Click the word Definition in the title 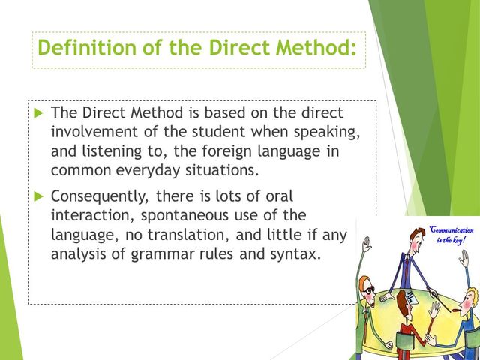coord(87,48)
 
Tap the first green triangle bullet coord(39,113)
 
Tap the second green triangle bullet coord(39,196)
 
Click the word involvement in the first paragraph coord(94,132)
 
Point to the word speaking coord(327,133)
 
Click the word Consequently coord(100,196)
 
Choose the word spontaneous coord(184,216)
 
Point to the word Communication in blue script coord(451,229)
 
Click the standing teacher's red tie coord(406,267)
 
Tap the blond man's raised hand coord(463,259)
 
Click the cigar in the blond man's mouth coord(457,311)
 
